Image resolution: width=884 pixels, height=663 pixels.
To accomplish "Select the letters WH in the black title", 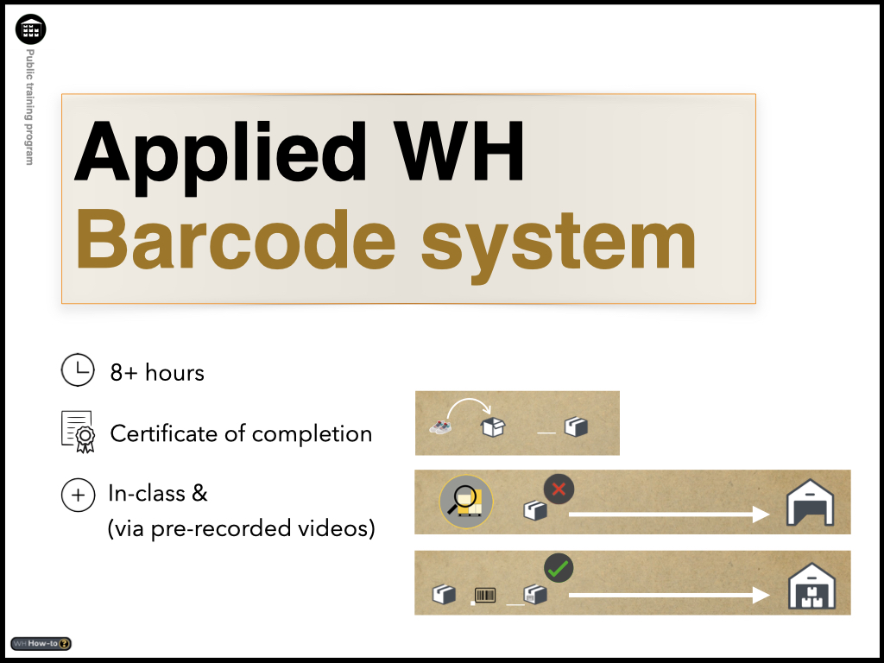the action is pos(459,151).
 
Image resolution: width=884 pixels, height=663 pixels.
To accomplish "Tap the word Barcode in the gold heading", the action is pos(236,240).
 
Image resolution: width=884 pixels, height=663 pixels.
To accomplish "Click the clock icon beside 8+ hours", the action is pos(78,369).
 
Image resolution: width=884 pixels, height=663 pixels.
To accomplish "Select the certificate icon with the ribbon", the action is pos(78,432).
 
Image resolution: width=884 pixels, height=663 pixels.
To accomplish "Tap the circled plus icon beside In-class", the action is pos(78,495).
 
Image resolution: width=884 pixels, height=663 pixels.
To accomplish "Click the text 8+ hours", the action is pos(157,373).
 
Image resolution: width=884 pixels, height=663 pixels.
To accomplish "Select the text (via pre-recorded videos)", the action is pos(242,529).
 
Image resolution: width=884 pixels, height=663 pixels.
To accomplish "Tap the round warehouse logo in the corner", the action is pos(30,29).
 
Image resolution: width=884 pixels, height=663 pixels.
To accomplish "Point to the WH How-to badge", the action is pos(41,643).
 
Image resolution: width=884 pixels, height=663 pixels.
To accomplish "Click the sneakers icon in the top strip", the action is pos(440,427).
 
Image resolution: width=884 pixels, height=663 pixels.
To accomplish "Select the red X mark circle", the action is pos(559,489).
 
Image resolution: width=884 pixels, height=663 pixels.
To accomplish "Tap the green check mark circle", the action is pos(559,568).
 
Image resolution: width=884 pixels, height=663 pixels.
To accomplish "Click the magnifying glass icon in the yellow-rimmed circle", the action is pos(466,502).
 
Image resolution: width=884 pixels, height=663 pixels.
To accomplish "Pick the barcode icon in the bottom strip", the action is pos(485,595).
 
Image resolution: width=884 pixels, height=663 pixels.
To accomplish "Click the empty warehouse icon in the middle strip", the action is pos(810,502).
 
